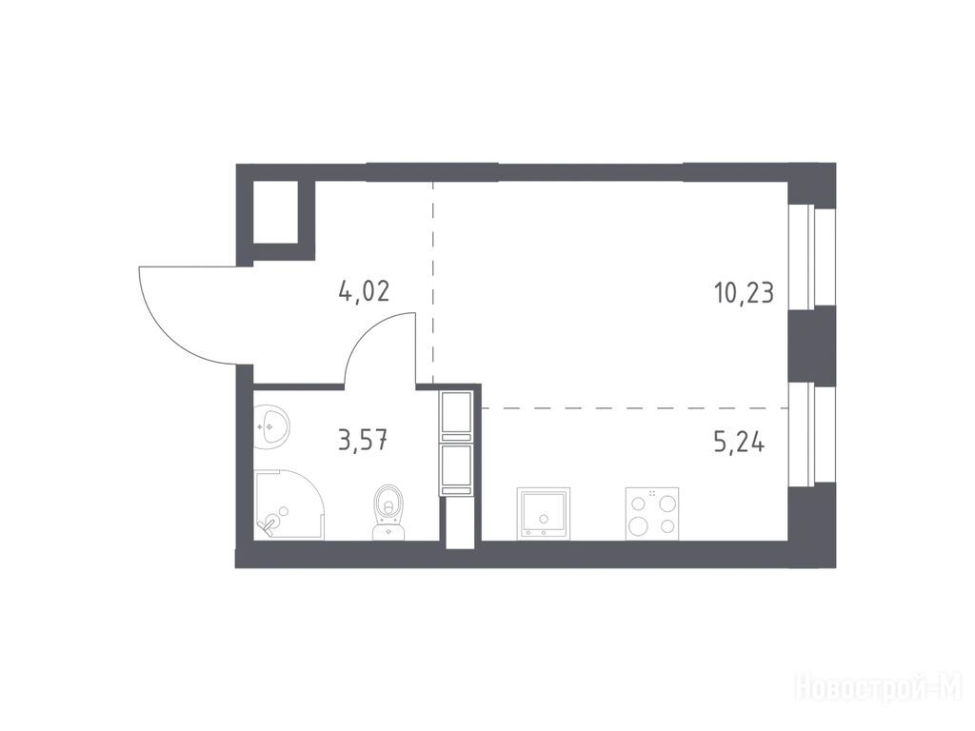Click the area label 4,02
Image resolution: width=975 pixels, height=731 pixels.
pos(364,291)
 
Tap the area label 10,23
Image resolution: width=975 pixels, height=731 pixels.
pos(745,291)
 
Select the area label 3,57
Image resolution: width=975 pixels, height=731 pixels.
pos(363,441)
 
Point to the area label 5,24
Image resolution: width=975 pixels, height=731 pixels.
pos(739,443)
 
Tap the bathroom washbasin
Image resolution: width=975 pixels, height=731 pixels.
pos(271,424)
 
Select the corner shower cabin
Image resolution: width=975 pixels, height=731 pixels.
pos(289,504)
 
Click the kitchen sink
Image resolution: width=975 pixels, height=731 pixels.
pos(544,513)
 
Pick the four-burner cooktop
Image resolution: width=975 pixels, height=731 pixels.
pos(651,513)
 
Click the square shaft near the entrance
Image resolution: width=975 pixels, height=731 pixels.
pos(276,212)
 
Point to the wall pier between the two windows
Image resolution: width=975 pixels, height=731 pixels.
pos(811,346)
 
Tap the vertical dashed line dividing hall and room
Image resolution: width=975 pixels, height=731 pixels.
pos(433,282)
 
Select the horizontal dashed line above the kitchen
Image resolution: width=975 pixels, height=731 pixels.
pos(635,407)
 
